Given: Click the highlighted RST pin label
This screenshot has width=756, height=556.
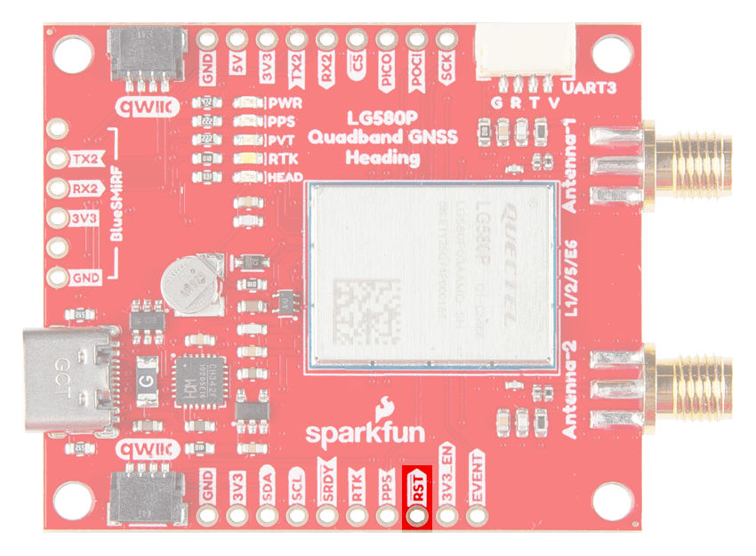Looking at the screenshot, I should click(417, 488).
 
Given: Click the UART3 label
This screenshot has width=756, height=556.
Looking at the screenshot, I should click(591, 89).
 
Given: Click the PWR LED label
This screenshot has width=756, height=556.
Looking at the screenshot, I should click(286, 103).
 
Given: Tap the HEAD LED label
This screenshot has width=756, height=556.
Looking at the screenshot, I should click(287, 177).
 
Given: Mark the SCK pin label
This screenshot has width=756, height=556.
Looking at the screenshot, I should click(447, 68).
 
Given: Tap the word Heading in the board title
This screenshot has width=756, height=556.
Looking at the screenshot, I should click(382, 158).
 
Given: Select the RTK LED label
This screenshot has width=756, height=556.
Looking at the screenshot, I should click(284, 159).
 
